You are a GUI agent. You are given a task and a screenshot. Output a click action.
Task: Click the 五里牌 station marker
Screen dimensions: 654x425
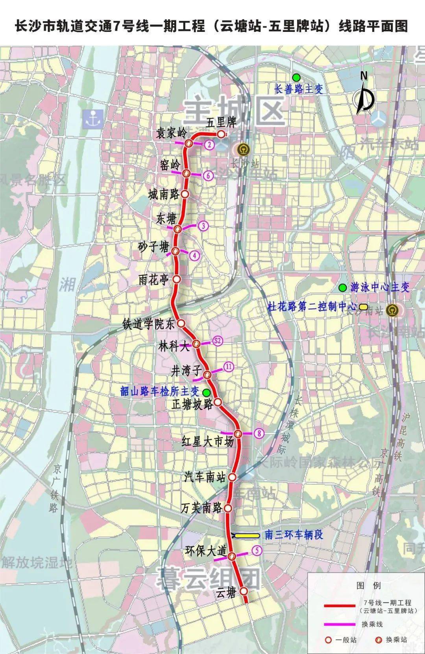pyautogui.click(x=221, y=134)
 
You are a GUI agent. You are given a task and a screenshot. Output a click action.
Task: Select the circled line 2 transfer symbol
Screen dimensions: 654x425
pyautogui.click(x=209, y=145)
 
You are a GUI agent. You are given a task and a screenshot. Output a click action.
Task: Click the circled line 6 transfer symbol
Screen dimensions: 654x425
pyautogui.click(x=208, y=176)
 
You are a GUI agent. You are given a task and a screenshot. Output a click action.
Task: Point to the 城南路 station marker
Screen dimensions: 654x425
pyautogui.click(x=185, y=194)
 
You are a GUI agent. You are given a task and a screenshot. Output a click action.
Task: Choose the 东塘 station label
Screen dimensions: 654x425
pyautogui.click(x=166, y=219)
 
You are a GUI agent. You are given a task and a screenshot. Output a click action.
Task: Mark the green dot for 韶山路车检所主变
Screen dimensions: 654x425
pyautogui.click(x=206, y=392)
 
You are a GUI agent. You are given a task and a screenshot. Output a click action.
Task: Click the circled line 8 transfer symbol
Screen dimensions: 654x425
pyautogui.click(x=259, y=434)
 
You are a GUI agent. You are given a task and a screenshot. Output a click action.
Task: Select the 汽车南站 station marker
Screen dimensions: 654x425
pyautogui.click(x=232, y=477)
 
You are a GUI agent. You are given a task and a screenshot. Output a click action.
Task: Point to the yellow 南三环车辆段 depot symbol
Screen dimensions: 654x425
pyautogui.click(x=247, y=535)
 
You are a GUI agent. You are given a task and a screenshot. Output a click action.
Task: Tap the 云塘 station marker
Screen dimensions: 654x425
pyautogui.click(x=244, y=591)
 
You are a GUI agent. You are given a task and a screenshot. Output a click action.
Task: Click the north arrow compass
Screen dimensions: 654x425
pyautogui.click(x=365, y=94)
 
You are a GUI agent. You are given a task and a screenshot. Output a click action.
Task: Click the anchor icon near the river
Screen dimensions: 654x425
pyautogui.click(x=93, y=118)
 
